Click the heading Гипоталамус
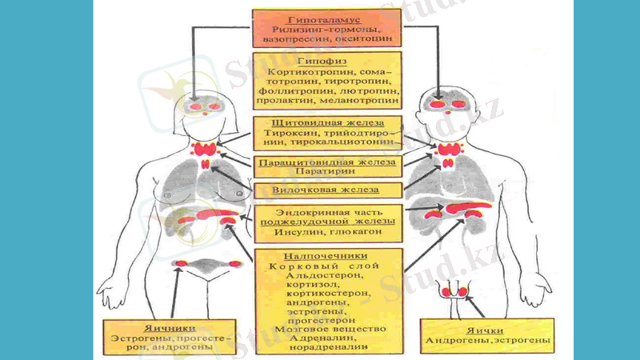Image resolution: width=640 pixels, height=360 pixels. (327, 17)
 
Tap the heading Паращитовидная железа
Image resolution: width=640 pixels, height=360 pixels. (327, 162)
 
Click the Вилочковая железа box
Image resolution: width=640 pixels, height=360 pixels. (327, 190)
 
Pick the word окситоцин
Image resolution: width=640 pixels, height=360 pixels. (362, 38)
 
